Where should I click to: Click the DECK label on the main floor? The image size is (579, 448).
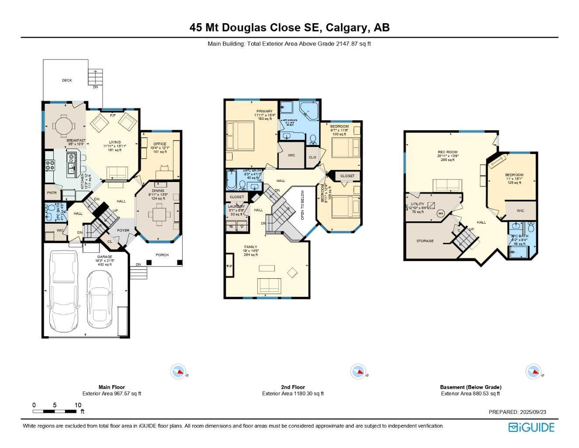click(67, 80)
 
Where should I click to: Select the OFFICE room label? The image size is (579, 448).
click(159, 144)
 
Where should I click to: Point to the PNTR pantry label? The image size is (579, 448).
click(52, 193)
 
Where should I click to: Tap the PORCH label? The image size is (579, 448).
click(162, 255)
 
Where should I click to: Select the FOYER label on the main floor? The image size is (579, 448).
click(123, 231)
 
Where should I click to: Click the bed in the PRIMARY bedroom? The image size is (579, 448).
click(240, 136)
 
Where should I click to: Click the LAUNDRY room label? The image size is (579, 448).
click(236, 206)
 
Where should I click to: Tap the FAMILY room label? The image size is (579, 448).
click(251, 247)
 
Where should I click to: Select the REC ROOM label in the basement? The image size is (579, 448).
click(447, 152)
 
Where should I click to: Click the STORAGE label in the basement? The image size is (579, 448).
click(425, 241)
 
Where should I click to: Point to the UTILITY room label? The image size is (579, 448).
click(417, 204)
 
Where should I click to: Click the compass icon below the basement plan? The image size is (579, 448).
click(534, 371)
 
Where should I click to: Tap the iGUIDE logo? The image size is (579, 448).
click(531, 427)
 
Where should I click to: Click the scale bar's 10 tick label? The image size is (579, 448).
click(78, 405)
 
